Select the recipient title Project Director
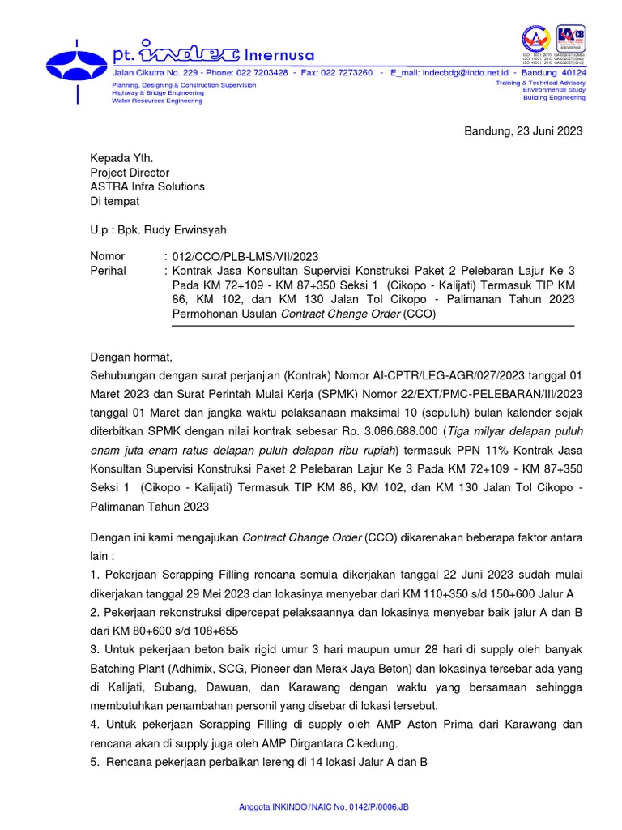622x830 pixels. (130, 173)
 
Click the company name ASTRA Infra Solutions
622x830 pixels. (147, 186)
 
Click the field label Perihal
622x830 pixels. (108, 271)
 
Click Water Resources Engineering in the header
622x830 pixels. (157, 101)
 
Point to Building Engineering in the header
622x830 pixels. (554, 97)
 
